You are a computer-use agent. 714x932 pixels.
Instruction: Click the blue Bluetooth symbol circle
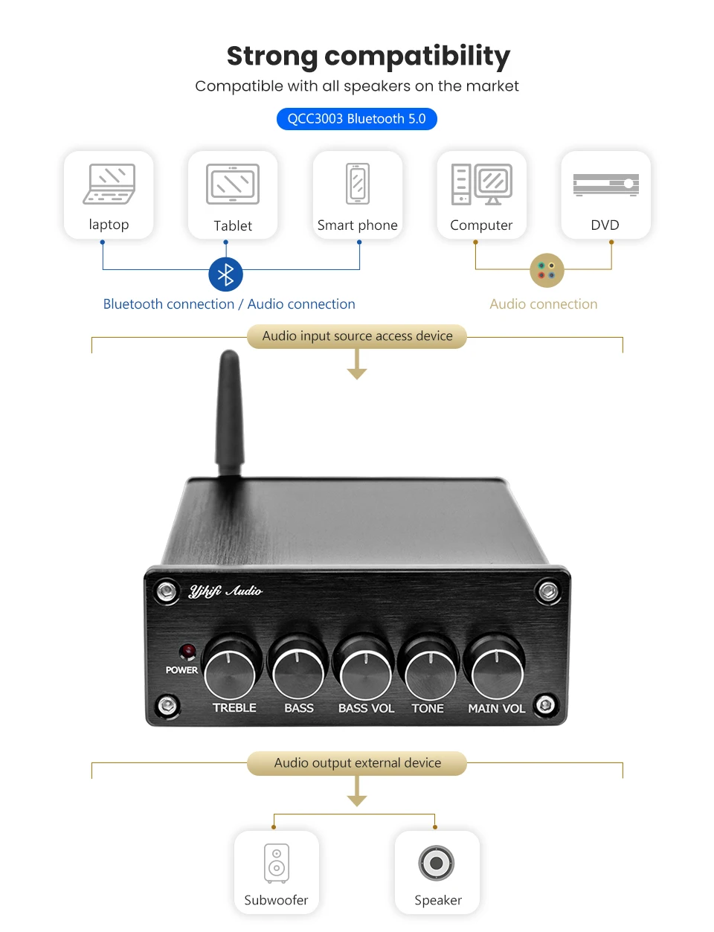point(225,274)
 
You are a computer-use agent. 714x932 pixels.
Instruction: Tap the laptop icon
point(109,184)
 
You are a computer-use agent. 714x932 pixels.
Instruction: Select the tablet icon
point(233,184)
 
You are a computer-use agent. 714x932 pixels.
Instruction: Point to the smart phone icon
point(358,184)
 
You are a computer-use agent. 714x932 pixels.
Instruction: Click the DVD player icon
point(606,184)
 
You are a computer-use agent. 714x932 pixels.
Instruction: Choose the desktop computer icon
point(481,184)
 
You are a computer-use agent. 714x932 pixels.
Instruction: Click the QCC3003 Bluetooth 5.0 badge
point(357,119)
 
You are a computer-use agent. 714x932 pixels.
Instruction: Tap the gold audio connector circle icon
point(547,270)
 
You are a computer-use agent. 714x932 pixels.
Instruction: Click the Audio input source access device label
point(357,335)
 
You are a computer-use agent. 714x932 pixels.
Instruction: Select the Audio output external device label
point(357,762)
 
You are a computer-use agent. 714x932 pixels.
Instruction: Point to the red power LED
point(187,652)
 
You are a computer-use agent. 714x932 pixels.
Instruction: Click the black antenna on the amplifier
point(229,413)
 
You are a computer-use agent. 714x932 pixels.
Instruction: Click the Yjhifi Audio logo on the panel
point(225,591)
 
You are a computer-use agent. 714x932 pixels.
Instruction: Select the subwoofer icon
point(277,863)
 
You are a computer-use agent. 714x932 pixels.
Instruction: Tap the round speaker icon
point(436,863)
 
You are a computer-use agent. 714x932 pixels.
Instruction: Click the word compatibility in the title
point(417,57)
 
